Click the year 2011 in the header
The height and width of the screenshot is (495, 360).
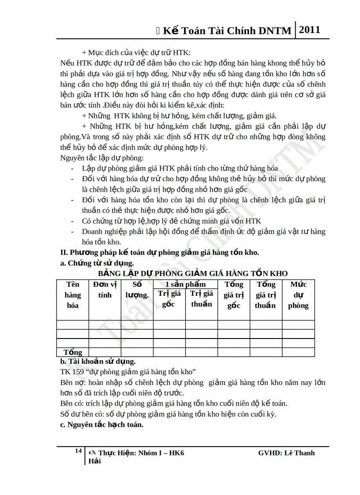pyautogui.click(x=309, y=30)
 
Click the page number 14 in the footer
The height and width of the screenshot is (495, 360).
pyautogui.click(x=78, y=450)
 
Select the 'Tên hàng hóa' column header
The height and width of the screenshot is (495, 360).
pyautogui.click(x=73, y=295)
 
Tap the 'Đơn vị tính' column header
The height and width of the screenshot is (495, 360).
pyautogui.click(x=105, y=290)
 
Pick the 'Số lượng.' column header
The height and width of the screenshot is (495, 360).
pyautogui.click(x=137, y=290)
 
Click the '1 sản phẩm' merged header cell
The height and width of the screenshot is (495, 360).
pyautogui.click(x=185, y=284)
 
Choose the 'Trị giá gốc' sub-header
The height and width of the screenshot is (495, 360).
pyautogui.click(x=169, y=298)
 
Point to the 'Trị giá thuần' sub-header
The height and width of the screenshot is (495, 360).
pyautogui.click(x=202, y=298)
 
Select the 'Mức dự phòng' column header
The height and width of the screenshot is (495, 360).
pyautogui.click(x=298, y=295)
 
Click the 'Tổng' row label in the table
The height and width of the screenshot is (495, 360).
pyautogui.click(x=73, y=352)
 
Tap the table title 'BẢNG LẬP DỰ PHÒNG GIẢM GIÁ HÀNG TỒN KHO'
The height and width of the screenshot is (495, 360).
pyautogui.click(x=193, y=273)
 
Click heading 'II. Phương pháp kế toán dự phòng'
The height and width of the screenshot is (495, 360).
pyautogui.click(x=159, y=253)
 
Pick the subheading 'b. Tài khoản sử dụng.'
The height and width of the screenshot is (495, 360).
pyautogui.click(x=97, y=361)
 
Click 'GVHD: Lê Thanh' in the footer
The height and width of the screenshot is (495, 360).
pyautogui.click(x=286, y=453)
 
